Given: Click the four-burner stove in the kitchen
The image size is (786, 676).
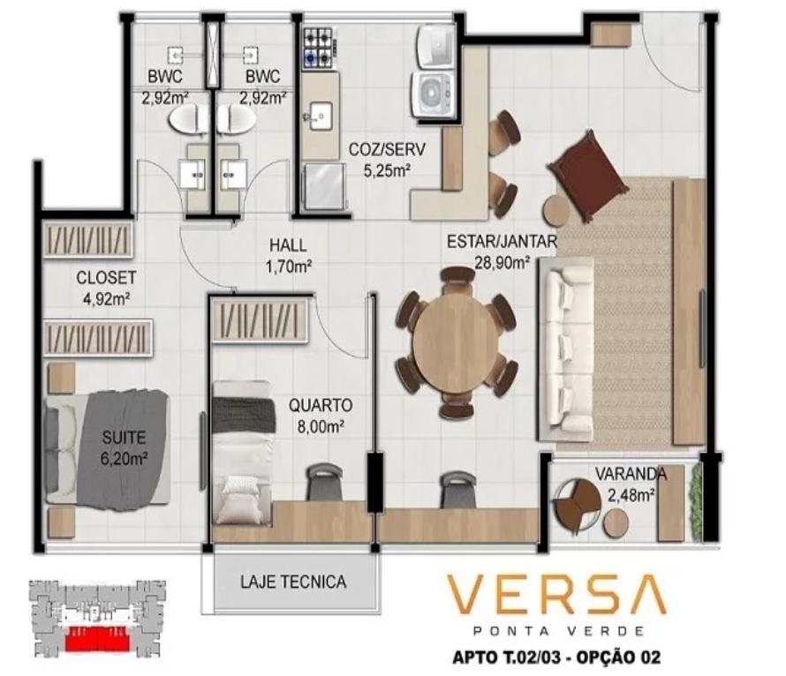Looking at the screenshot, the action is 318,48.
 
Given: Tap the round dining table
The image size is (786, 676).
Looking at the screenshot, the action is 455,342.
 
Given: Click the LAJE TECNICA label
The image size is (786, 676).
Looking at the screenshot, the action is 293,582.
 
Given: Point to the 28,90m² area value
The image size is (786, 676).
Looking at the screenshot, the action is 503,262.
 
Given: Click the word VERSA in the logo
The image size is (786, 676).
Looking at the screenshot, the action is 556,595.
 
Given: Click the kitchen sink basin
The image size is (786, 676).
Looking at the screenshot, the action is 320,116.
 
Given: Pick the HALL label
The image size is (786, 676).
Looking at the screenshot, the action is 288,245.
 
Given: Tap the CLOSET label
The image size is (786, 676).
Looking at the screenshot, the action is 106,277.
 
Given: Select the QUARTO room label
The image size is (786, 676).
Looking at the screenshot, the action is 321,405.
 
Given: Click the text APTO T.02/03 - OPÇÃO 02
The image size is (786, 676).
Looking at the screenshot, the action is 555,657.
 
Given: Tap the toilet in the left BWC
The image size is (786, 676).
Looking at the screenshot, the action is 187,119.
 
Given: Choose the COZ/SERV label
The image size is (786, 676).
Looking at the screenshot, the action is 387,149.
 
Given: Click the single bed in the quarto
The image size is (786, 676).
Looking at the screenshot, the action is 244,452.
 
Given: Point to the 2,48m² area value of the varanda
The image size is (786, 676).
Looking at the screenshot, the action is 631,495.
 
